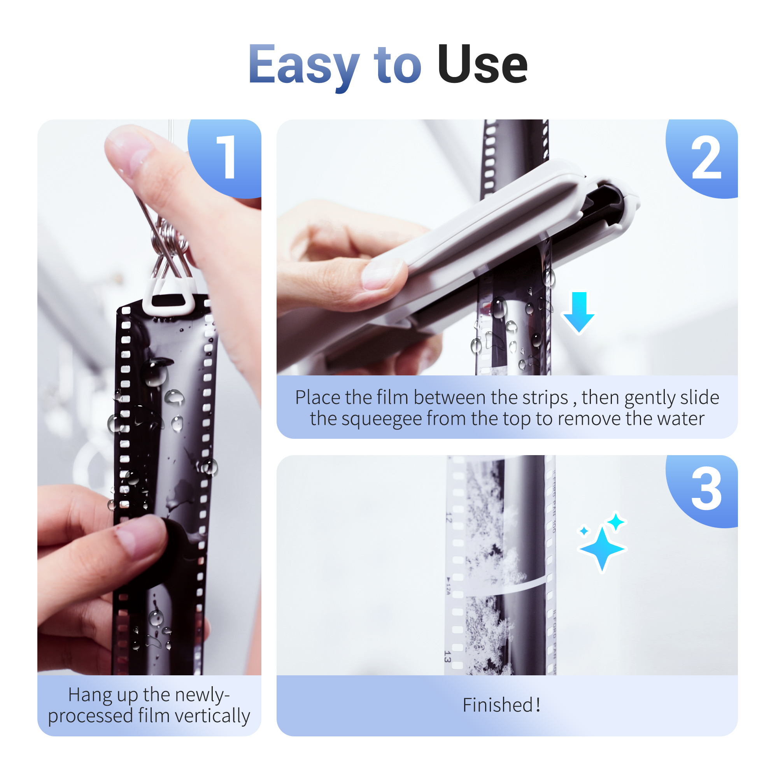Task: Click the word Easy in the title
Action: pyautogui.click(x=304, y=65)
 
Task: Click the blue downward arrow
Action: pyautogui.click(x=579, y=312)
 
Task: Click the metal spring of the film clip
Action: pyautogui.click(x=169, y=238)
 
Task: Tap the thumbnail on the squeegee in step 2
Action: pyautogui.click(x=380, y=274)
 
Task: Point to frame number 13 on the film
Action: pyautogui.click(x=447, y=657)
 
